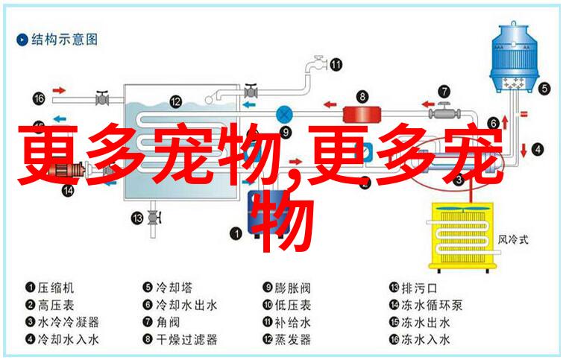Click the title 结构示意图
(x=64, y=40)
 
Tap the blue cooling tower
(x=514, y=57)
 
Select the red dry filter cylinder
(x=362, y=115)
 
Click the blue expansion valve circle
(x=284, y=115)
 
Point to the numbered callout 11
(x=336, y=65)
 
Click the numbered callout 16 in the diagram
(x=39, y=98)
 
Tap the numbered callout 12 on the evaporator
(x=175, y=101)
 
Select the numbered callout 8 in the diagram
(x=362, y=96)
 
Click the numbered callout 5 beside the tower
(x=544, y=88)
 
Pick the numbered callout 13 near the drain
(x=137, y=218)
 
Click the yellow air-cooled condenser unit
(x=463, y=236)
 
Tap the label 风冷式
(x=513, y=239)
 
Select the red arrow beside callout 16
(x=59, y=90)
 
